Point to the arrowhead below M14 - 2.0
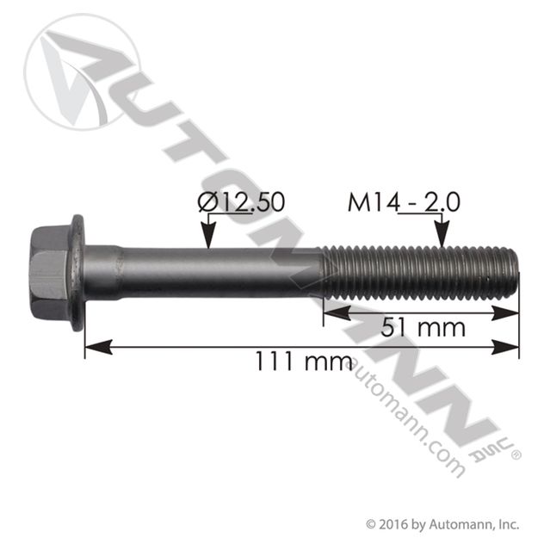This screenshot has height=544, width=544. click(442, 238)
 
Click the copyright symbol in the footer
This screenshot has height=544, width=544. click(371, 522)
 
